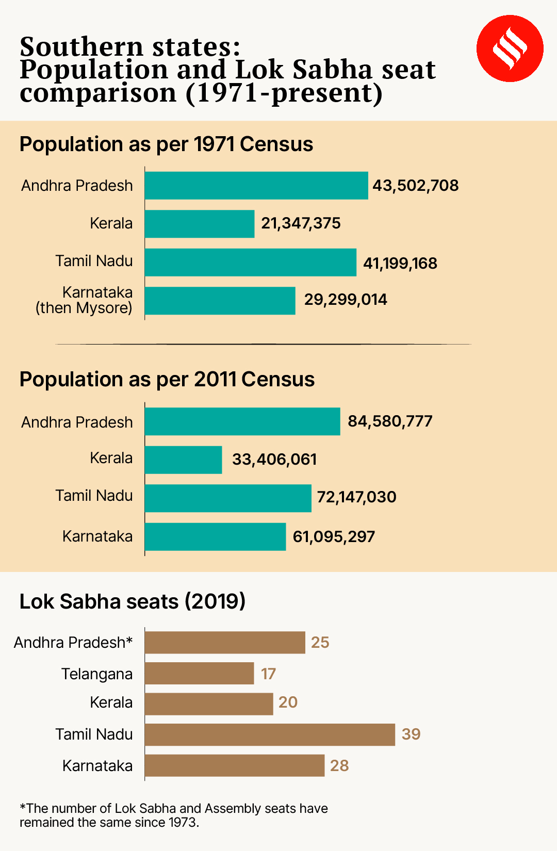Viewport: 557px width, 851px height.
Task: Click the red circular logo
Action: coord(510,48)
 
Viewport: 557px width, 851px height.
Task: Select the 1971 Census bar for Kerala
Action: coord(200,224)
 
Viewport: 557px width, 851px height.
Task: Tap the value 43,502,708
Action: coord(416,186)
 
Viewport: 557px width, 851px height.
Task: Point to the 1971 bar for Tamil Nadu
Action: coord(250,262)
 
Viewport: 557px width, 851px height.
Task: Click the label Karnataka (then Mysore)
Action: coord(84,300)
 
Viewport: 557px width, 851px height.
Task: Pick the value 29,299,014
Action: coord(346,300)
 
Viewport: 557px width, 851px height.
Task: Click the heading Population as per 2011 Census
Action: coord(167,380)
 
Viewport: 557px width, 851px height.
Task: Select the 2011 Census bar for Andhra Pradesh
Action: coord(242,421)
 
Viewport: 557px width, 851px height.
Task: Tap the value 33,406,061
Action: coord(274,460)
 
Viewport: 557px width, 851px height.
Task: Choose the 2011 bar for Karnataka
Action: coord(215,536)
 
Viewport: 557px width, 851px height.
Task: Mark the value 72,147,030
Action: coord(356,497)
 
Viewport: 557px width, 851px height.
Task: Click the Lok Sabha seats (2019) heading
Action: coord(133,601)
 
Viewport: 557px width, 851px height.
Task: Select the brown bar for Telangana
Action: coord(199,674)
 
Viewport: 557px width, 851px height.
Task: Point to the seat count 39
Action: coord(411,734)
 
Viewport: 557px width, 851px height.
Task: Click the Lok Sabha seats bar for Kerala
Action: coord(209,704)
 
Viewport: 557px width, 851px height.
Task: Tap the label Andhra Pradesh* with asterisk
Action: coord(73,643)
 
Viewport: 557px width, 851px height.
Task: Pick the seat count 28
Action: coord(339,766)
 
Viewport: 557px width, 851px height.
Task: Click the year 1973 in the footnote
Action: coord(183,823)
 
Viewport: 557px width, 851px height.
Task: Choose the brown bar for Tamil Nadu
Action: coord(270,734)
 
